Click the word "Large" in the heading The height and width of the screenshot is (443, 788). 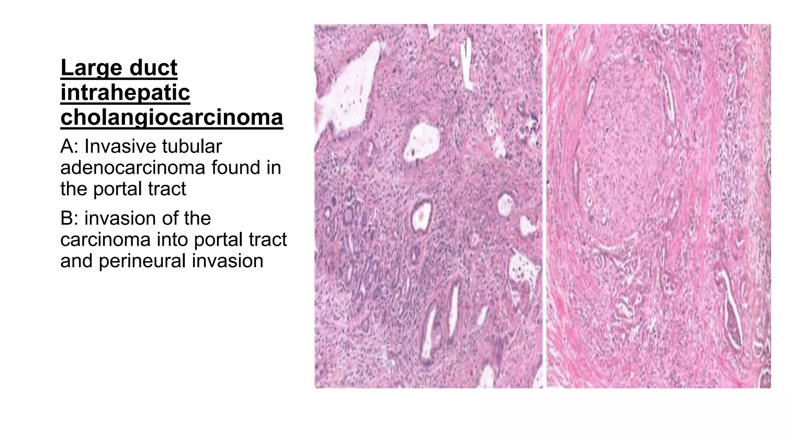click(x=90, y=68)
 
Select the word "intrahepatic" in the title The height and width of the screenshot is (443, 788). click(x=125, y=93)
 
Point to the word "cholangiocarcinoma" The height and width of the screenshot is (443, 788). click(x=172, y=117)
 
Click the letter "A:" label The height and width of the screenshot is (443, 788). click(x=70, y=147)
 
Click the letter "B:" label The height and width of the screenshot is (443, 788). click(x=70, y=218)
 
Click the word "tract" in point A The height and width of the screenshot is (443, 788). click(x=170, y=189)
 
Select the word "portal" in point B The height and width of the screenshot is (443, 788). click(x=219, y=240)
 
